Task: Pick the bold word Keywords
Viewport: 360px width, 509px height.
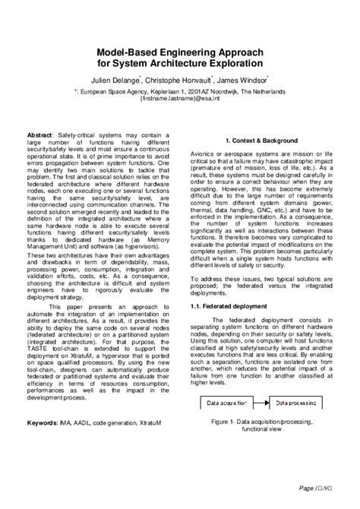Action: [x=46, y=400]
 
